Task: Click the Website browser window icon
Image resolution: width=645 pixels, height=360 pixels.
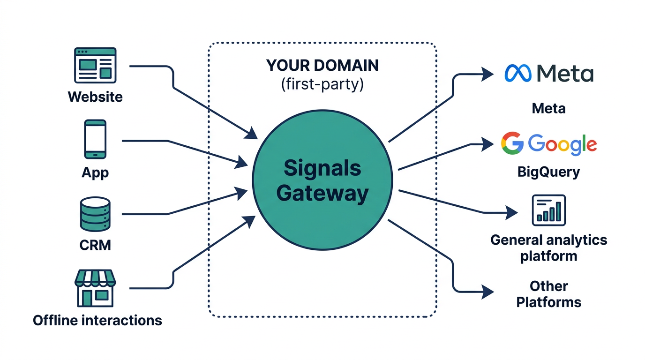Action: coord(95,66)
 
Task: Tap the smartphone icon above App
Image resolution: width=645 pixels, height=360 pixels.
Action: coord(95,140)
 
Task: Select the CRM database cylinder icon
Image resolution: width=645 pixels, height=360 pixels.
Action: coord(95,214)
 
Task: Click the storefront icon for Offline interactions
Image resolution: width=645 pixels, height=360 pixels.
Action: coord(95,288)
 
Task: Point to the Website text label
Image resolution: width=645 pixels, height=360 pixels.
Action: coord(95,97)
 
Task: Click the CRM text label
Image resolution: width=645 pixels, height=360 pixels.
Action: coord(95,245)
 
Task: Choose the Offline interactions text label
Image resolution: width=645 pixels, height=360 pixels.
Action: coord(97,321)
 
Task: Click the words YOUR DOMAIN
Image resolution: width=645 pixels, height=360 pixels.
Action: coord(322,66)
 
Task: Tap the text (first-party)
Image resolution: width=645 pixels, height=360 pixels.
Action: coord(322,85)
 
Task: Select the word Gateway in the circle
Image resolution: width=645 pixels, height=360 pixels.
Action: coord(322,193)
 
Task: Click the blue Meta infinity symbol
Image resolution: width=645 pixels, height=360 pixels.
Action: coord(518,74)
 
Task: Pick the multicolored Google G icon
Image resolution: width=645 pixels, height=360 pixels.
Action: coord(512,143)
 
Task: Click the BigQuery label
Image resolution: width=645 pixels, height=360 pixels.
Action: coord(548,172)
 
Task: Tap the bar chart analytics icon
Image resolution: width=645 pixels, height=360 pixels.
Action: coord(549,210)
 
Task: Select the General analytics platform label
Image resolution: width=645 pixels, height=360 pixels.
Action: coord(548,248)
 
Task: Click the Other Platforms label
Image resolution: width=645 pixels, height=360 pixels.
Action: coord(548,294)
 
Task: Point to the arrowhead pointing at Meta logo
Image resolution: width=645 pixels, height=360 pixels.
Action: coord(488,74)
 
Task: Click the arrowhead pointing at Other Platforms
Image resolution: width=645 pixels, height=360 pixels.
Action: coord(488,292)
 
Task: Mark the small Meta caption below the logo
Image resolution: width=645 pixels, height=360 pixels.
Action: coord(548,109)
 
